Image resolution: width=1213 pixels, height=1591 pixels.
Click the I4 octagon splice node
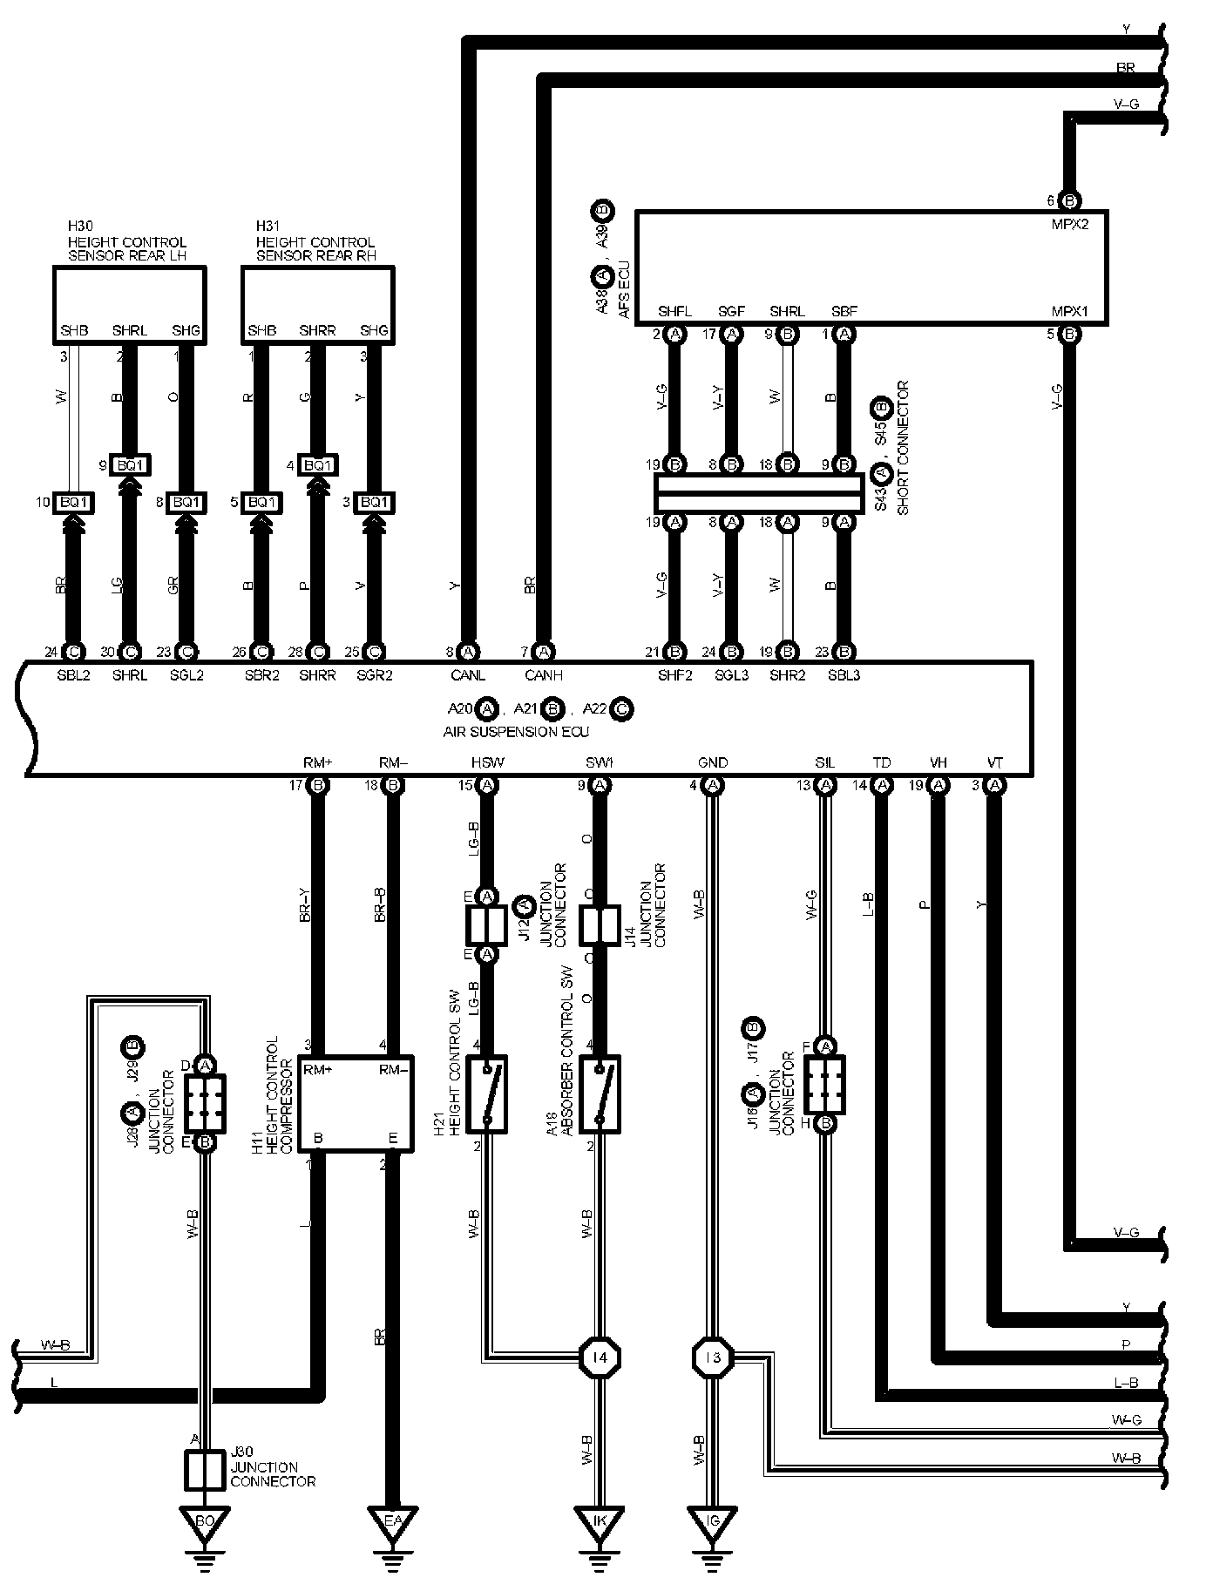point(600,1357)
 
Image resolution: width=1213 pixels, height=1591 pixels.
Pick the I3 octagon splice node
point(713,1357)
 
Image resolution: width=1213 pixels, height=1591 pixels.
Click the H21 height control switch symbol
point(487,1094)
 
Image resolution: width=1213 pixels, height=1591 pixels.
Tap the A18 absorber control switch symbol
point(600,1094)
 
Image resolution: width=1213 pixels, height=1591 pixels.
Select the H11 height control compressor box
point(355,1102)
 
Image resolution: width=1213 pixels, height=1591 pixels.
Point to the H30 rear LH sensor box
point(130,304)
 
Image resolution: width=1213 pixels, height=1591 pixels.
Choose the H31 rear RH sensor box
point(317,304)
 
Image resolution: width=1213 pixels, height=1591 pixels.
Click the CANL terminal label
point(468,675)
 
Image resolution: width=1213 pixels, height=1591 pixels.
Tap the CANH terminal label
point(544,675)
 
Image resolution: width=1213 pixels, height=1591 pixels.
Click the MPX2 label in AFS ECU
point(1069,222)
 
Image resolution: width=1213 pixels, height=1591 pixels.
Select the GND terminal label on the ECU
point(713,762)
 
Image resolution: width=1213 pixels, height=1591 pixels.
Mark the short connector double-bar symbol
point(759,493)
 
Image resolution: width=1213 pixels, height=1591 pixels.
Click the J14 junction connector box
point(600,926)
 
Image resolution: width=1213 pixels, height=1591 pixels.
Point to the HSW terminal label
point(487,762)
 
